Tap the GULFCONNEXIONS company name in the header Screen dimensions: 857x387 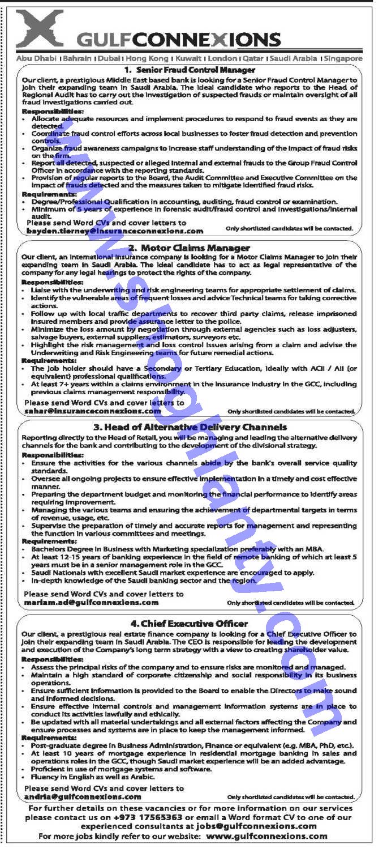coord(179,40)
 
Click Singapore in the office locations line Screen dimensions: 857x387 coord(344,58)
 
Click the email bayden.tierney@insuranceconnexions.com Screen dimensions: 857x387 coord(114,231)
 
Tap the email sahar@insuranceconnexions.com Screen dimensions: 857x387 coord(93,411)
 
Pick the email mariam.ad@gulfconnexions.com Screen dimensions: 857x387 coord(91,603)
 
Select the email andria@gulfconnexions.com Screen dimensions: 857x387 coord(83,796)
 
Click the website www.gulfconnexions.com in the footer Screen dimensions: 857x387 coord(266,836)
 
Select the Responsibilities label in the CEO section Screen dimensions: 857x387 coord(52,659)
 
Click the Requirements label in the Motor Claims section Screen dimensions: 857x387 coord(49,360)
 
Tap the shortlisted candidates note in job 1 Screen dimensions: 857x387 coord(289,229)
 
